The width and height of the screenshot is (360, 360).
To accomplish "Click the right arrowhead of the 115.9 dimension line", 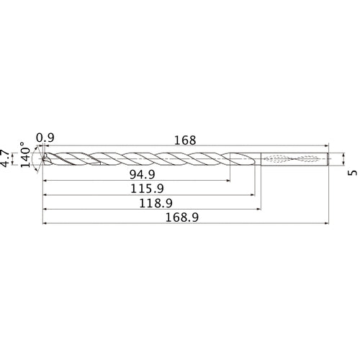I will [252, 194].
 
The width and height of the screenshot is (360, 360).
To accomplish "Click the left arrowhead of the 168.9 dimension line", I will [45, 223].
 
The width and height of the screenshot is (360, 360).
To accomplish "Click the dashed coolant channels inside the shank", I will [292, 158].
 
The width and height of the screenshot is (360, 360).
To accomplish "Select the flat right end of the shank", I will [329, 158].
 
